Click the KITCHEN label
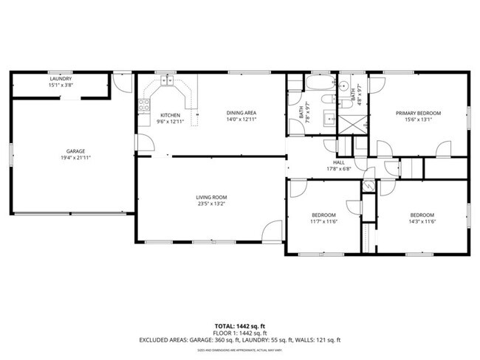[170, 114]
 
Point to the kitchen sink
[168, 83]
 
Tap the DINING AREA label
[241, 113]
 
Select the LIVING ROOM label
[210, 197]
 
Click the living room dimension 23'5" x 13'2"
[210, 204]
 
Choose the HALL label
[339, 162]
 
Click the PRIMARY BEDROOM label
[418, 113]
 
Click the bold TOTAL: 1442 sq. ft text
[240, 325]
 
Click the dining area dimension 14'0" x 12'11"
[241, 120]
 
